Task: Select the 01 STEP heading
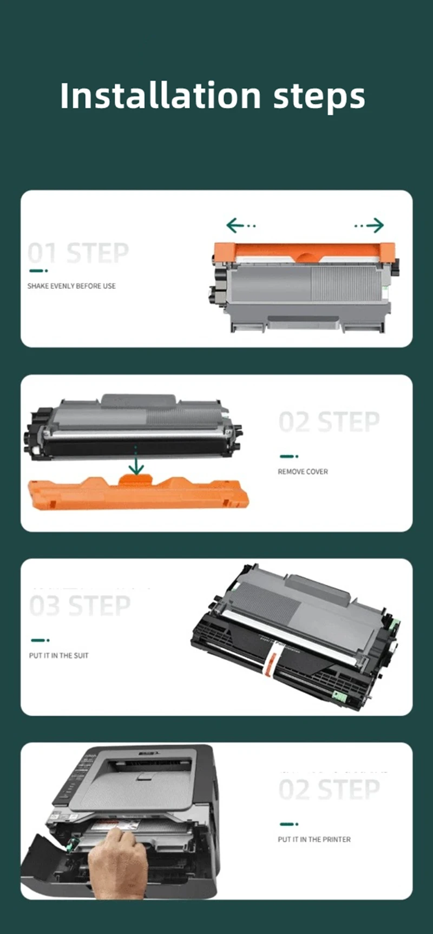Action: click(78, 253)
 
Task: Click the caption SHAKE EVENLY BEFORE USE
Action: click(71, 286)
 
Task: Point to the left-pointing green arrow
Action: click(241, 225)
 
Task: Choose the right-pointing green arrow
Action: click(369, 225)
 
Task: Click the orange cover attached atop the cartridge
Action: click(304, 253)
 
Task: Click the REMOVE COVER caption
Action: click(303, 472)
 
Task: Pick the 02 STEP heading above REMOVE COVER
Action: click(329, 422)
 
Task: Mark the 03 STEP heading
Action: click(80, 606)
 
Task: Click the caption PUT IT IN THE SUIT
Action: click(58, 655)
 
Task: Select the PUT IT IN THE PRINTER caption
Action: click(314, 839)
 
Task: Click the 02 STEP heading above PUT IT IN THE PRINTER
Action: click(329, 789)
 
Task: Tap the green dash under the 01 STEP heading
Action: click(38, 270)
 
